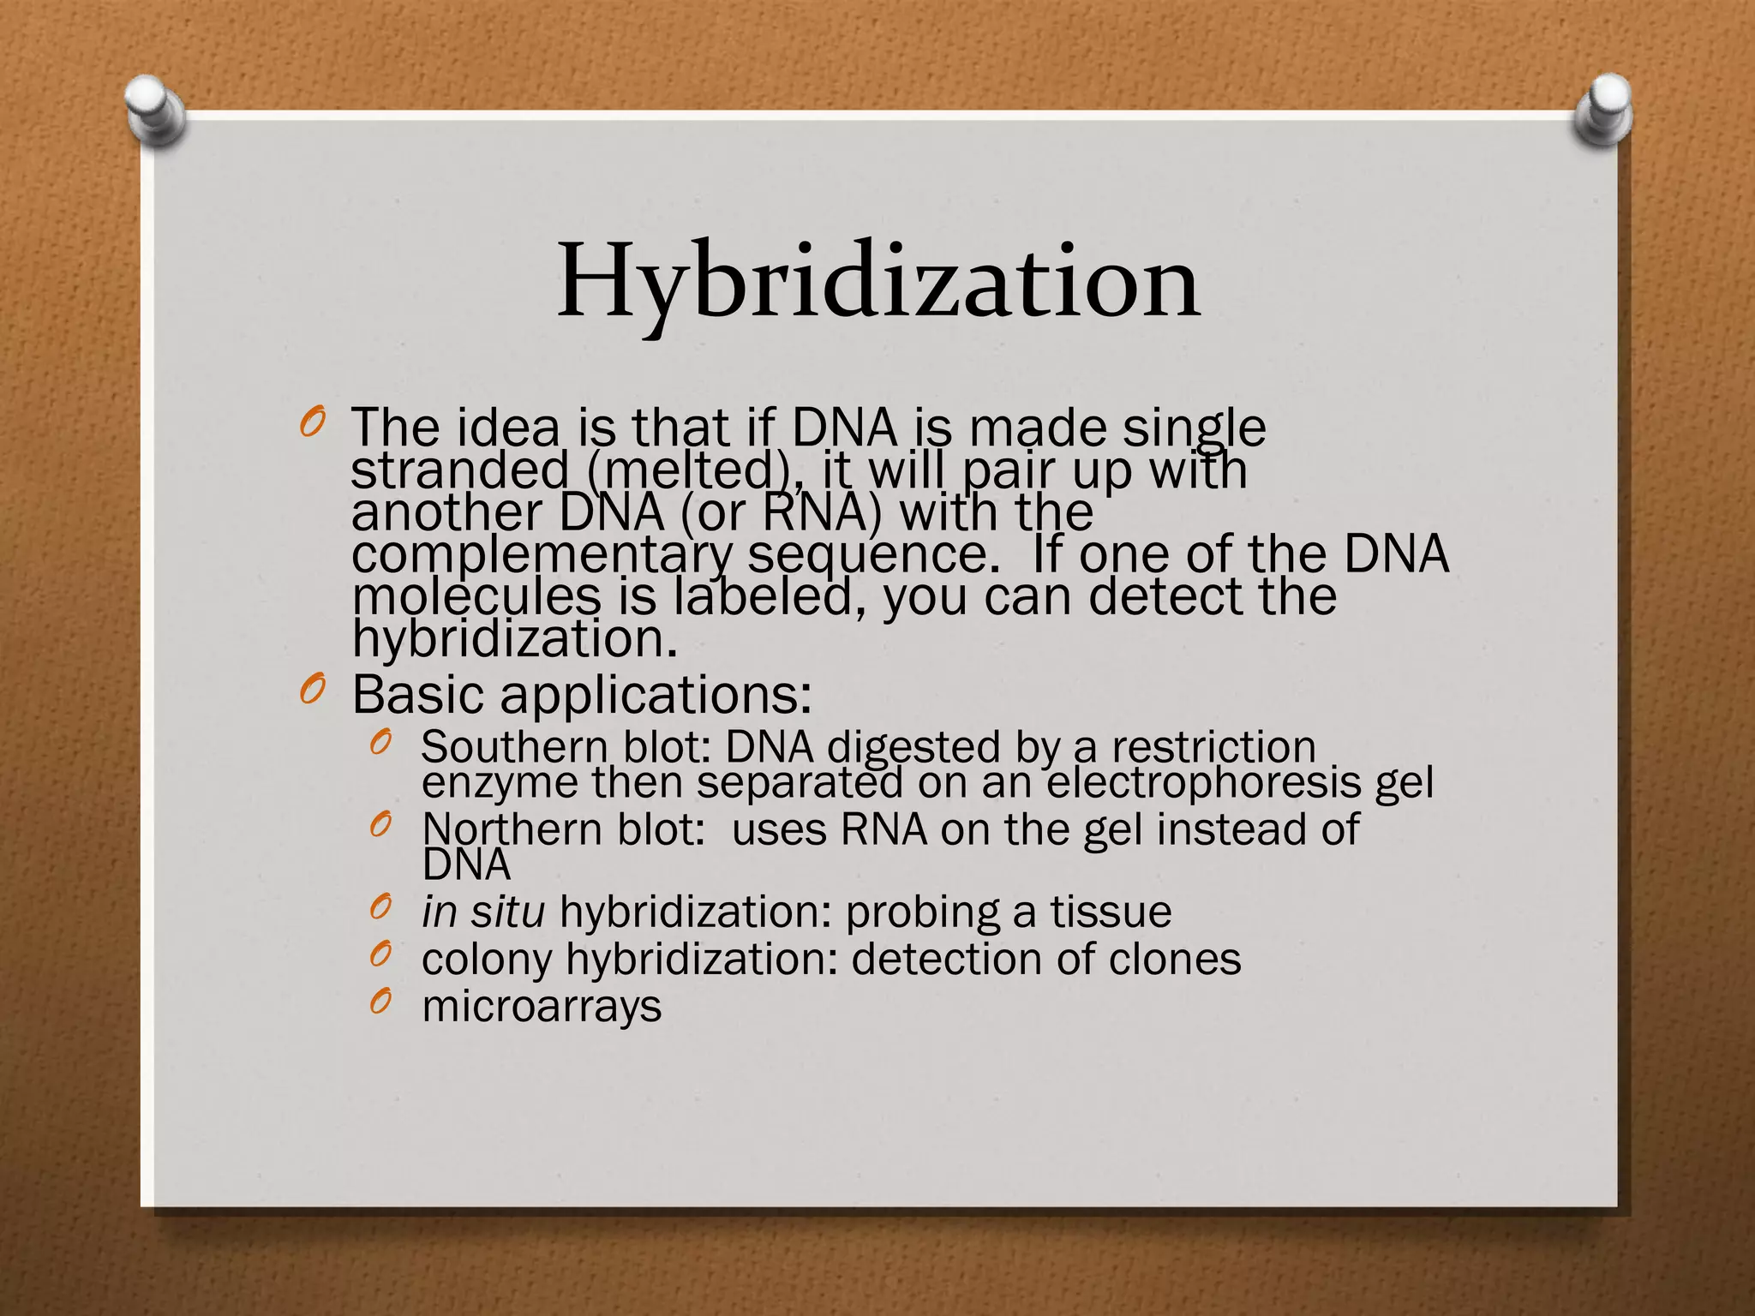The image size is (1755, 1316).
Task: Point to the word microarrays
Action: click(x=542, y=1006)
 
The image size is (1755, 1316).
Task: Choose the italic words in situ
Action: click(x=483, y=912)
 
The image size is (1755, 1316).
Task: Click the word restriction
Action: click(x=1213, y=747)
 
